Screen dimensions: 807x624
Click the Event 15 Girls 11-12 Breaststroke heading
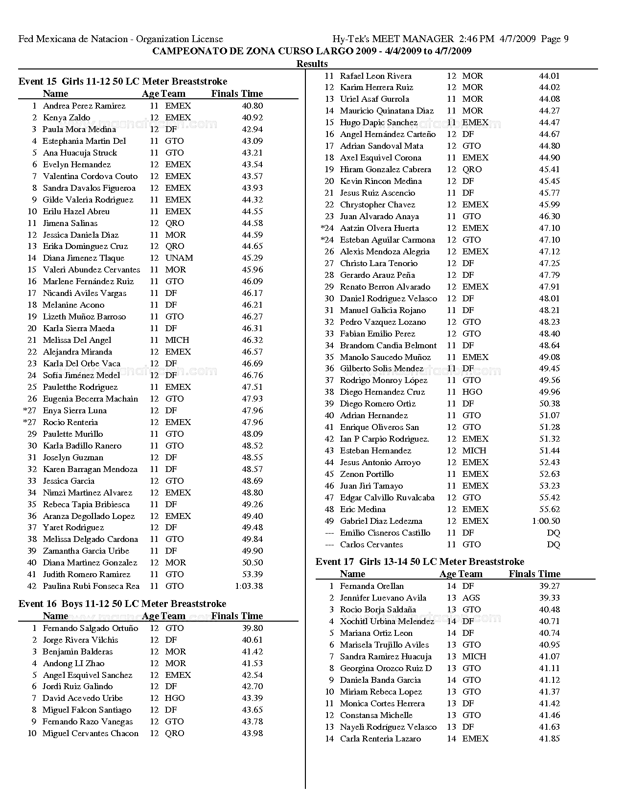tap(123, 82)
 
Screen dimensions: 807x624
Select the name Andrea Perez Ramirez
tap(84, 106)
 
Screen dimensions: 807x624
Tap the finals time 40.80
tap(252, 106)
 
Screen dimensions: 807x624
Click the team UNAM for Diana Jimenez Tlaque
tap(179, 258)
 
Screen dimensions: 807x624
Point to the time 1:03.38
tap(249, 586)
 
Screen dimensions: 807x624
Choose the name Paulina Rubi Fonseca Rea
tap(91, 586)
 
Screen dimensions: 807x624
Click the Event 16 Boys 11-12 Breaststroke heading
tap(122, 604)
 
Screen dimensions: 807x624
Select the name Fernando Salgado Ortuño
tap(91, 628)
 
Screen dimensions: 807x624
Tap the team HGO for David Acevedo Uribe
tap(175, 698)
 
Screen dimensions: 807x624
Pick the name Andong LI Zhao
tap(73, 663)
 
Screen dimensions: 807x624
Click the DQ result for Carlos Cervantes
tap(553, 544)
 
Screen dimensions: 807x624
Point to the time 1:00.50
tap(546, 521)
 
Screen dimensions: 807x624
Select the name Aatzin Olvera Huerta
tap(379, 228)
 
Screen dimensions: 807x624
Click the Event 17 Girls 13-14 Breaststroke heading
tap(420, 561)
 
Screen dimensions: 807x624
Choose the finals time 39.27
tap(549, 586)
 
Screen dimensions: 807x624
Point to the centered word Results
tap(312, 64)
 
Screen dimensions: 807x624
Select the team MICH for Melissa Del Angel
tap(177, 340)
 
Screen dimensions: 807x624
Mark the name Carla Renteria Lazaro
tap(380, 739)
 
